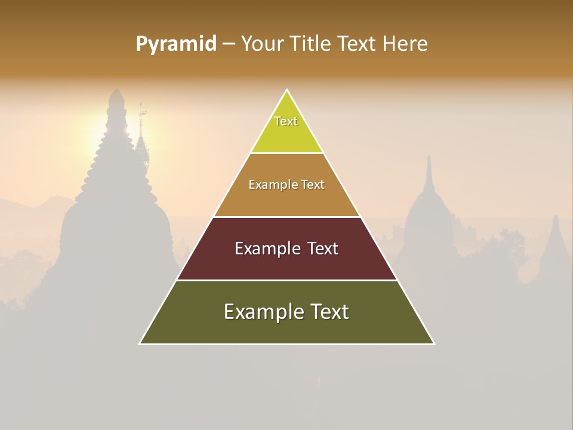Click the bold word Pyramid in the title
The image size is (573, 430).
175,44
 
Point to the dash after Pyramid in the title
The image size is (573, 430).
228,44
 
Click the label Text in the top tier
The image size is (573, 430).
286,121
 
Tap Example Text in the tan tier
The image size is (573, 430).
286,185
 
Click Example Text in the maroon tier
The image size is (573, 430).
286,248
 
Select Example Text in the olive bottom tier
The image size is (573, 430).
286,312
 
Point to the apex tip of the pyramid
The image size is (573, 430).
287,90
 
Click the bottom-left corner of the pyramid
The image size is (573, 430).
140,343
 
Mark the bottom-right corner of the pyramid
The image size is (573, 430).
433,343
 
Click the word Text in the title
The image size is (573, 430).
356,44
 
